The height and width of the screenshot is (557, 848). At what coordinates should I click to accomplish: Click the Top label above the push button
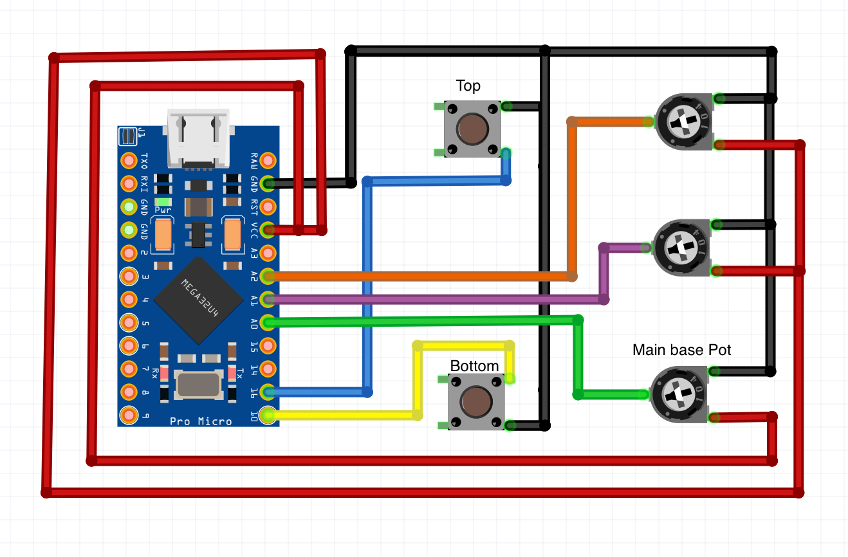468,86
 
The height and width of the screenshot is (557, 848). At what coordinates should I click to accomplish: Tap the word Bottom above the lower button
474,366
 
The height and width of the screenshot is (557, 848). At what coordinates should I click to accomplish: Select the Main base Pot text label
681,350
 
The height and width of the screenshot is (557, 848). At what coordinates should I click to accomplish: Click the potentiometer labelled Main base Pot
679,396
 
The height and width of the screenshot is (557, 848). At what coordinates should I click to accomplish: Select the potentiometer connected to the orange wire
683,122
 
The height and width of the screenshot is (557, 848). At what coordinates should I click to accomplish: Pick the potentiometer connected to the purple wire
681,248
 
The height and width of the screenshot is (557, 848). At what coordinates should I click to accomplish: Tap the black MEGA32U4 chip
198,300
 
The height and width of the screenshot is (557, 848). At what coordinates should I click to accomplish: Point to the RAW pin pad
268,160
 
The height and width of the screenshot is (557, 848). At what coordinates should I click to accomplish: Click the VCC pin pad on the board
268,230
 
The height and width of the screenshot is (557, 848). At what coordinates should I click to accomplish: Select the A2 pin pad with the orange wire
268,276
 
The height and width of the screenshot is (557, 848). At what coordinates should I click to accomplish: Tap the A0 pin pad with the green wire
268,322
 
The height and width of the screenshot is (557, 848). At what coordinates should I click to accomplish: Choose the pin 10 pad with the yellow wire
268,415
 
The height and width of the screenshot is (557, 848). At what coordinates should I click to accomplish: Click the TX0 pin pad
129,160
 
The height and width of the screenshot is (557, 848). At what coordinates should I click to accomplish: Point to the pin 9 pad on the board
129,415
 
